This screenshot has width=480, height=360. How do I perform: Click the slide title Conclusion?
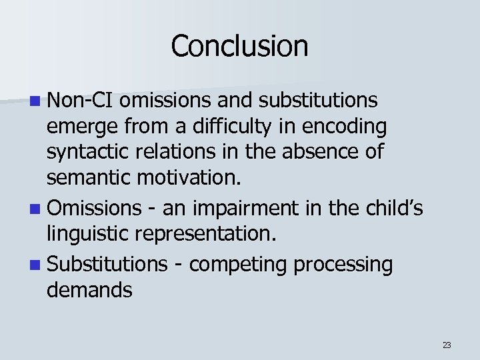(x=239, y=46)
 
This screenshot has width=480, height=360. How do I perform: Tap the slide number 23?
(x=447, y=345)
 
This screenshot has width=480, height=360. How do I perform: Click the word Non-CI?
(x=81, y=100)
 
